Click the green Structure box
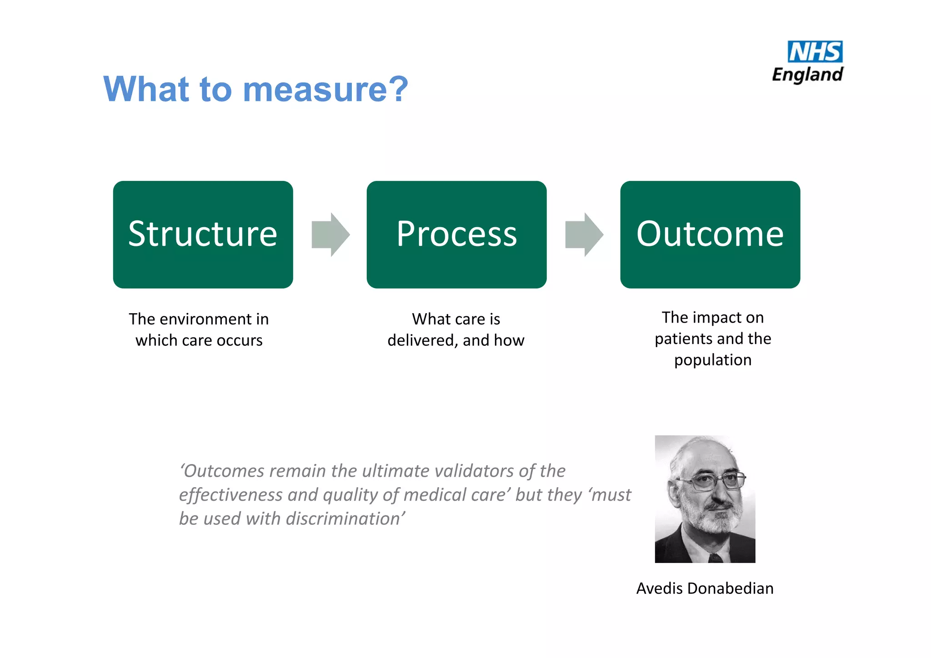(x=203, y=234)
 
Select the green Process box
(x=456, y=234)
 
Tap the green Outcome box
(x=710, y=234)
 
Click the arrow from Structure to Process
(x=330, y=234)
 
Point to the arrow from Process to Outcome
(x=584, y=234)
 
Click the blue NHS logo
(x=815, y=52)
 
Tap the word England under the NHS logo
(x=808, y=75)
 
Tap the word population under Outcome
(x=713, y=360)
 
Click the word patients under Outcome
(x=683, y=339)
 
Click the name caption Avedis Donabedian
(x=705, y=588)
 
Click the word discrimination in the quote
(x=344, y=519)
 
